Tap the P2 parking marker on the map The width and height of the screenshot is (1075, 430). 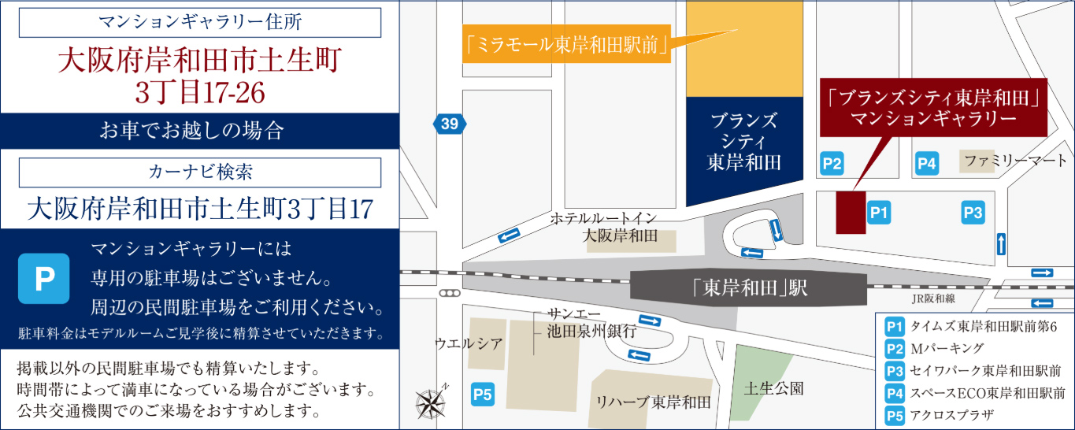(x=832, y=164)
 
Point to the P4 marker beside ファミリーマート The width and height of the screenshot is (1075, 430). (x=927, y=164)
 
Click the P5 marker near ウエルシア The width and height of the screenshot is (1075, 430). (x=482, y=394)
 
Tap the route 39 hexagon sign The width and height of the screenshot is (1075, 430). (x=449, y=124)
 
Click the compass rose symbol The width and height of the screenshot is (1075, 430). (x=430, y=403)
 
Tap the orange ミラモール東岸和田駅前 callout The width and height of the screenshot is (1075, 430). (x=565, y=46)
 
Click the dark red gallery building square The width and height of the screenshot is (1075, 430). (x=851, y=212)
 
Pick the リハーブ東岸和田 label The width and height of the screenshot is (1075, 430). (x=654, y=402)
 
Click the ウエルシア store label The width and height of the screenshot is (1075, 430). (x=469, y=343)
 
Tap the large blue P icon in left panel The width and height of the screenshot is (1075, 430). (x=44, y=279)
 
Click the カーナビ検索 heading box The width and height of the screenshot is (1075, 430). (x=200, y=171)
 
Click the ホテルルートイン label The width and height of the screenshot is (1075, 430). (x=603, y=218)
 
